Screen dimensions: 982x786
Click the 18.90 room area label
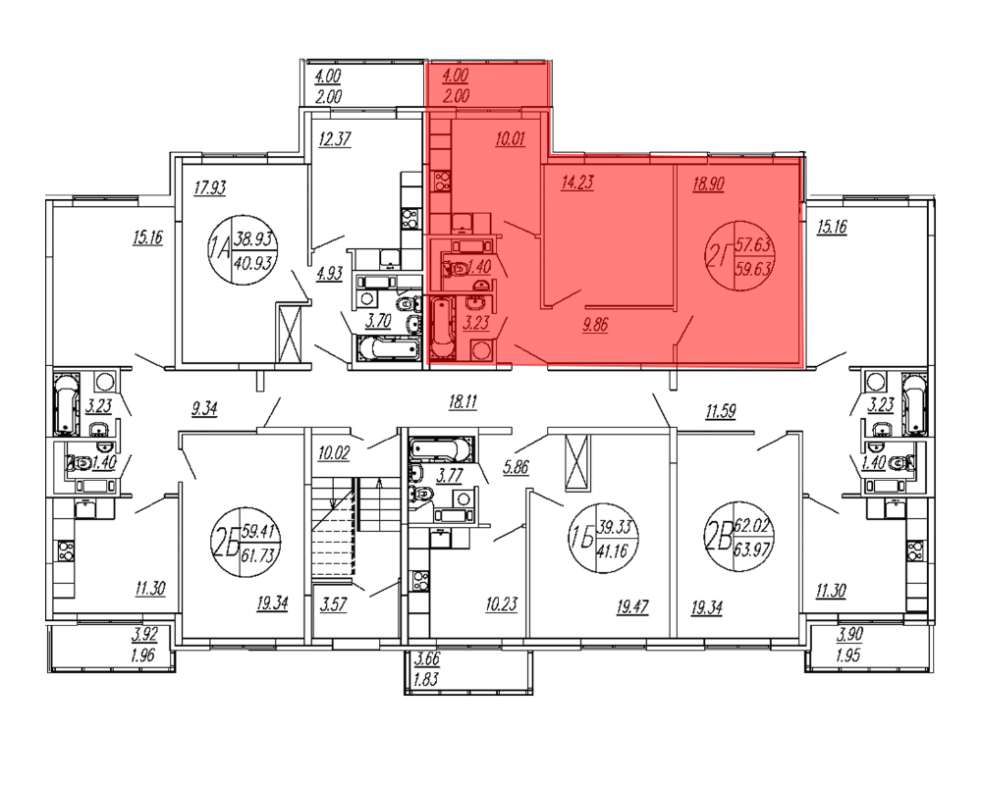[x=708, y=183]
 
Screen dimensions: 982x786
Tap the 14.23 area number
[x=577, y=183]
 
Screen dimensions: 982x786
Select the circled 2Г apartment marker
[x=740, y=256]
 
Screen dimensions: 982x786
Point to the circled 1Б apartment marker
[x=603, y=539]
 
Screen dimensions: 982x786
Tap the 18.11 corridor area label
[x=463, y=402]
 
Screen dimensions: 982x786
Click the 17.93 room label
[x=210, y=187]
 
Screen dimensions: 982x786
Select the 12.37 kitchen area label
[x=335, y=138]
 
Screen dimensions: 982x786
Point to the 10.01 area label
[x=510, y=139]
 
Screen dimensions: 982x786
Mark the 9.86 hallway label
[x=595, y=325]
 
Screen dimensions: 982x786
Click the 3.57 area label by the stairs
[x=333, y=604]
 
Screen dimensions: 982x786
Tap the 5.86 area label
[x=517, y=467]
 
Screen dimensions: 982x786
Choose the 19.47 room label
[x=631, y=606]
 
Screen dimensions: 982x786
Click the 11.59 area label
[x=720, y=412]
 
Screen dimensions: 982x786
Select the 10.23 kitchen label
[x=501, y=604]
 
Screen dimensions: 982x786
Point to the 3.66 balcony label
[x=427, y=659]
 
